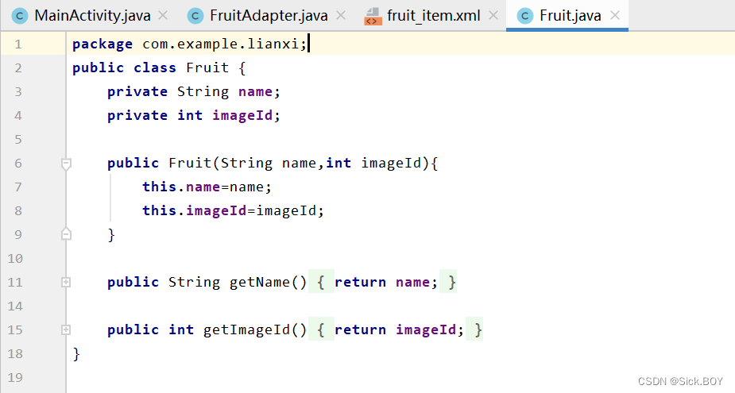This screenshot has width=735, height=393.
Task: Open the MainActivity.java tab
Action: point(92,15)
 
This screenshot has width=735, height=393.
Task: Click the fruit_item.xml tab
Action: point(433,15)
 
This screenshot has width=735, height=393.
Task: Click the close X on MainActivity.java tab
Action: point(163,15)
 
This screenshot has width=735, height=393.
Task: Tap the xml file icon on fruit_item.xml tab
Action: point(372,16)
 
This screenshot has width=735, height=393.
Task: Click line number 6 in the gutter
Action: point(17,163)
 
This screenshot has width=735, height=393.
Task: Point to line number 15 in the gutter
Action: point(17,329)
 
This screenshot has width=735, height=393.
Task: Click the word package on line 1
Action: point(103,44)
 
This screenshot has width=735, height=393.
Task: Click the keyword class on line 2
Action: point(155,67)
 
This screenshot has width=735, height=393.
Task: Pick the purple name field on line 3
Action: point(255,91)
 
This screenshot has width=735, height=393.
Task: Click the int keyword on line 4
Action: point(190,115)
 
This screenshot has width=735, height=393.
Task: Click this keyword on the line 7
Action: point(160,187)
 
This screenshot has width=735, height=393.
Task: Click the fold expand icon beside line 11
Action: point(66,282)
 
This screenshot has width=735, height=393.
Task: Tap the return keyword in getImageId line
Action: point(360,329)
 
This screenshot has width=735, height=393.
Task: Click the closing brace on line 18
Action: point(76,353)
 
